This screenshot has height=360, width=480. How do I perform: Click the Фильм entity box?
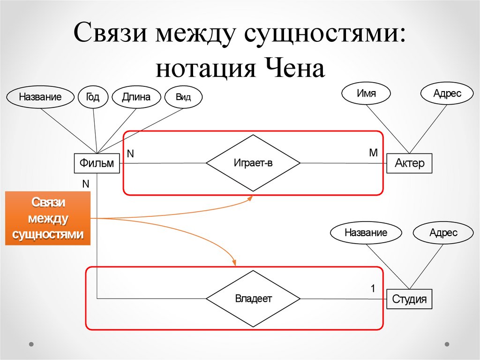97,163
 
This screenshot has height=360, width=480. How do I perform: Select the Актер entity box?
409,163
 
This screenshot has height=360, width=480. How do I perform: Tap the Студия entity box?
409,299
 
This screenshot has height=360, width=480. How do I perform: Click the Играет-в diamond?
253,163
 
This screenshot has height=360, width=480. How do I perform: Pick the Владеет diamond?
253,299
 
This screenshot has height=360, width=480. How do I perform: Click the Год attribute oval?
92,97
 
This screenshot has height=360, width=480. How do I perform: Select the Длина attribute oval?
136,97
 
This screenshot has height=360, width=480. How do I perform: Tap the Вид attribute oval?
183,98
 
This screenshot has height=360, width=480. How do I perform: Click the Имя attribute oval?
366,93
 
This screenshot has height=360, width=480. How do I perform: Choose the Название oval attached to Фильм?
40,97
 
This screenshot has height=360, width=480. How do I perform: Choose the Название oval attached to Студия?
366,232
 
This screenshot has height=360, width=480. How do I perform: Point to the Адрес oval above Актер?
447,93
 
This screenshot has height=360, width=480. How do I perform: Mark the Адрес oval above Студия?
443,232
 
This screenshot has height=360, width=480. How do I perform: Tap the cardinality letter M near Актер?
373,153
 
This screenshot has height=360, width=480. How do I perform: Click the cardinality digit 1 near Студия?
373,289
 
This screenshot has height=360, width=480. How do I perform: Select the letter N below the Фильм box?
85,184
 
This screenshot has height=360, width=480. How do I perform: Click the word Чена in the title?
296,69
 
